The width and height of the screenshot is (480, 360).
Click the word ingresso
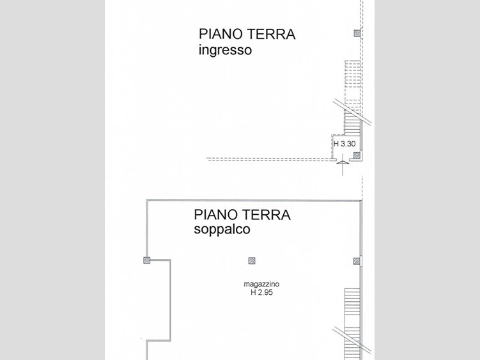[225, 50]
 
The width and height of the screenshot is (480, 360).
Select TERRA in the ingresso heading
[271, 35]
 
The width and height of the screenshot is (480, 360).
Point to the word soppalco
[222, 230]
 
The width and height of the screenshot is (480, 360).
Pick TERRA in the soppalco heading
[267, 215]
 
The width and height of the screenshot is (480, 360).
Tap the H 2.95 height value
[261, 293]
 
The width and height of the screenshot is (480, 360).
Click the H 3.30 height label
[345, 144]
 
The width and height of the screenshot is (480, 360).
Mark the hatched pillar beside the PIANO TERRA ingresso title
[357, 33]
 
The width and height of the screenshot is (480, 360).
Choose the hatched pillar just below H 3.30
[357, 155]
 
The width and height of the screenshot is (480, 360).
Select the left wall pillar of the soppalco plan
[146, 260]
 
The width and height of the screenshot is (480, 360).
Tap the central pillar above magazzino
[252, 260]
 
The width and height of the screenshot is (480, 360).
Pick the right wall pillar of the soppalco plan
[357, 260]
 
